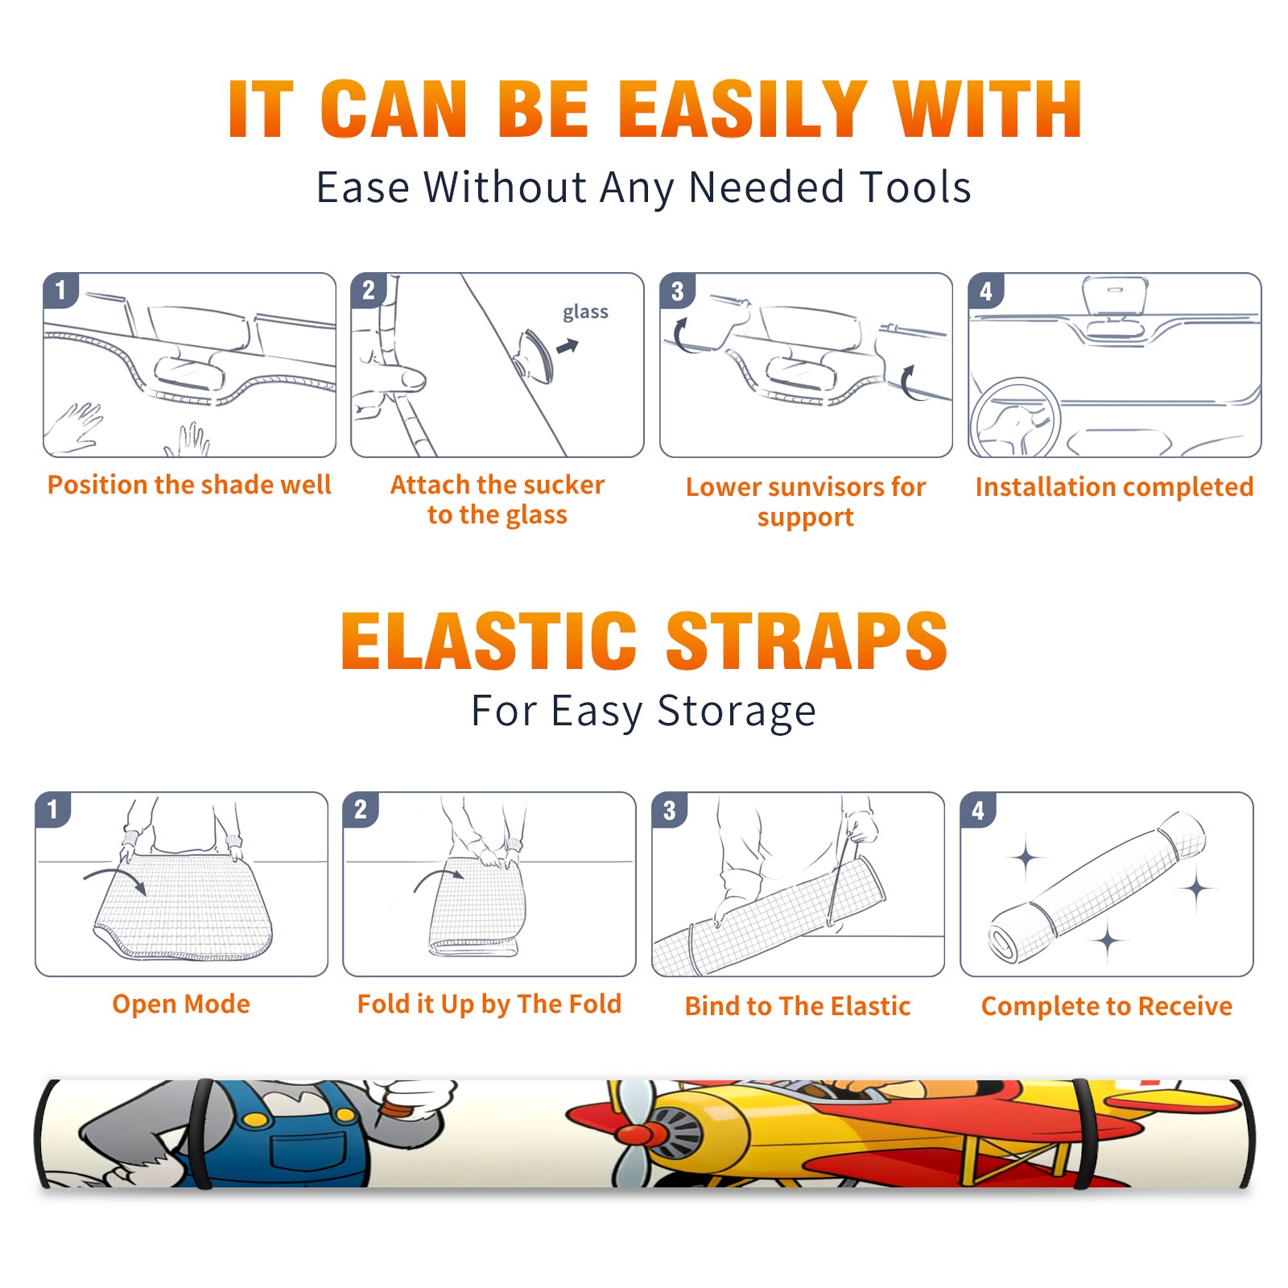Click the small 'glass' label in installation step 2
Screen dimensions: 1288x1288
tap(585, 312)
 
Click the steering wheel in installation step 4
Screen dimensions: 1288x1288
tap(1014, 418)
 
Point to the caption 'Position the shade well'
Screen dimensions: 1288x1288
tap(189, 485)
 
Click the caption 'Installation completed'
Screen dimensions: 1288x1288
tap(1114, 486)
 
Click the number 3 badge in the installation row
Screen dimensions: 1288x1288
tap(677, 291)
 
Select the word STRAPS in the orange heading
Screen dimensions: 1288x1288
tap(807, 641)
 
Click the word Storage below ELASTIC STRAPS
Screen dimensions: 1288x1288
tap(737, 712)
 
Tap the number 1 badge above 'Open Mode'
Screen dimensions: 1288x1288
tap(53, 809)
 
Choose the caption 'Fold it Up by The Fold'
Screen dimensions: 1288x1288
tap(489, 1004)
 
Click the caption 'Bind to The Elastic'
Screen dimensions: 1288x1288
tap(798, 1006)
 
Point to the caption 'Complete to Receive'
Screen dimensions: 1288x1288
tap(1107, 1006)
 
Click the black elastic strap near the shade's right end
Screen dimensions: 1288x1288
tap(1087, 1133)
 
